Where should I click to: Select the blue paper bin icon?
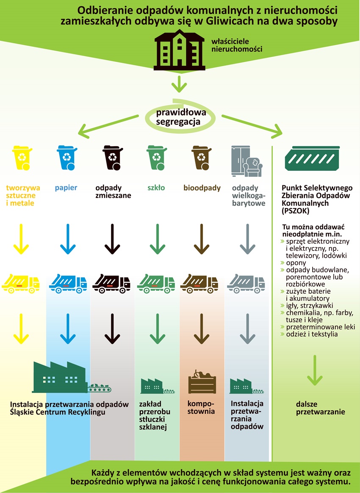coord(67,158)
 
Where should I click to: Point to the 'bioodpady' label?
coord(202,188)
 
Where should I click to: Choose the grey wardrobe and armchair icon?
coord(247,161)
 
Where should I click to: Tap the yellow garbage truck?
coord(21,283)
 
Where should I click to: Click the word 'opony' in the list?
coord(296,263)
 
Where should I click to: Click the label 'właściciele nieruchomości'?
coord(237,45)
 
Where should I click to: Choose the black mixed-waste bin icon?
coord(113,158)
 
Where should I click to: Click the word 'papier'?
coord(66,188)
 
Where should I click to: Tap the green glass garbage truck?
coord(156,283)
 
